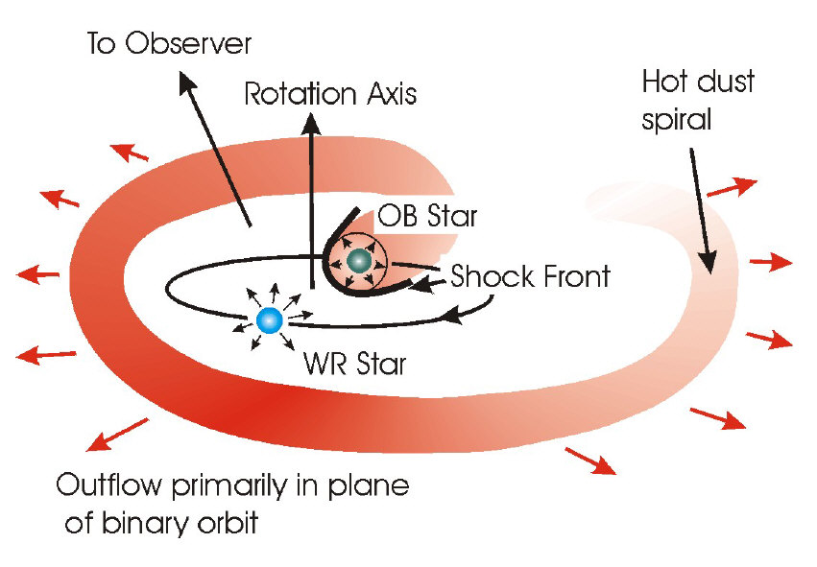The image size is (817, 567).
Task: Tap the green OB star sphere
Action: pos(360,259)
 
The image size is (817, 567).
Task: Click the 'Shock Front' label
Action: pos(530,276)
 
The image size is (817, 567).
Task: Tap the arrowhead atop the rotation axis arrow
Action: pos(310,123)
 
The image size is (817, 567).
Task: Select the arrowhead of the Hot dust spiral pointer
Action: pos(709,270)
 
